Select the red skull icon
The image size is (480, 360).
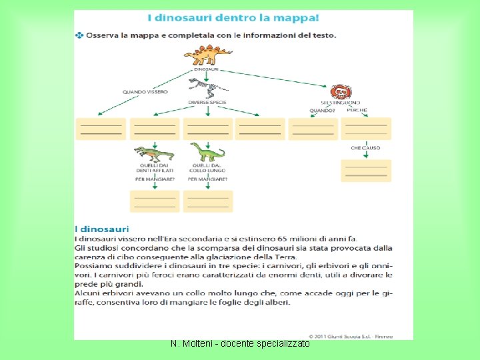coord(341,92)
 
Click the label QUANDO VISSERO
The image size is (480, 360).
coord(145,92)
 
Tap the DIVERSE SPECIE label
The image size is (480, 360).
coord(207,102)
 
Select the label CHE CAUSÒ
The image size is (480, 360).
coord(365,148)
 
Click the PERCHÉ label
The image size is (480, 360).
coord(357,110)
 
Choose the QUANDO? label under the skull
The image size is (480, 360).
coord(321,111)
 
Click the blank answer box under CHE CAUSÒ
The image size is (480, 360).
coord(366,170)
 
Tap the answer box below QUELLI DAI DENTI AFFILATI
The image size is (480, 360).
coord(155,201)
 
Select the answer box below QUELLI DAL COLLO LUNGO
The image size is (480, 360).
coord(208,201)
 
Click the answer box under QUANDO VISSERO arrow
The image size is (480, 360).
coord(100,129)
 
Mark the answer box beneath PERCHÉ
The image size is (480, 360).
coord(366,128)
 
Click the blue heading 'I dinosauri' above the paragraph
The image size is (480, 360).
coord(102,229)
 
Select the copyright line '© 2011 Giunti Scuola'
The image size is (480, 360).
coord(350,335)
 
